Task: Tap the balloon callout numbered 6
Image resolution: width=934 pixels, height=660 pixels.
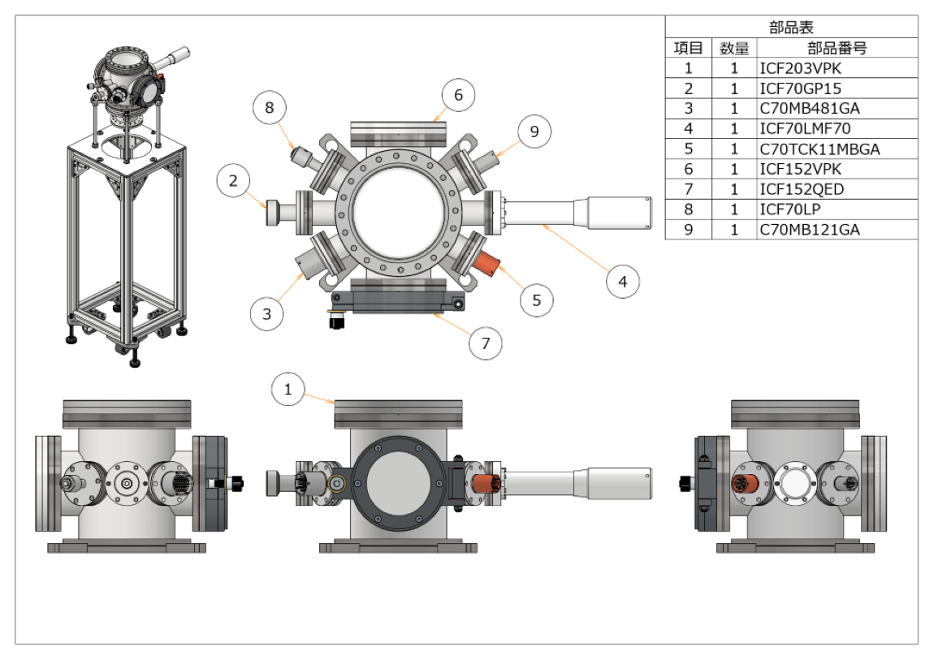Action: point(458,96)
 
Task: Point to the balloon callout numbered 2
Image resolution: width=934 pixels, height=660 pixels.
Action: point(234,181)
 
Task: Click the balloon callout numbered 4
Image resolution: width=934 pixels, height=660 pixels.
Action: point(622,282)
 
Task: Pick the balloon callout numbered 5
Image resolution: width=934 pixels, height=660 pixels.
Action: point(536,300)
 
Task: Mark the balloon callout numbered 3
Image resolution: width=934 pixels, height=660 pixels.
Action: point(267,313)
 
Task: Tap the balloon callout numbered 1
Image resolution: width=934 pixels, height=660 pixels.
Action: point(288,390)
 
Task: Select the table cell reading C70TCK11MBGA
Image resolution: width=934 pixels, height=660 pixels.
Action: point(819,149)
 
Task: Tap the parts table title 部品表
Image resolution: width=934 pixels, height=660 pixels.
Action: point(791,28)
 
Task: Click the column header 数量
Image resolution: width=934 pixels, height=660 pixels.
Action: point(734,48)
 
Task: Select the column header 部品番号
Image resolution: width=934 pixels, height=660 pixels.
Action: point(837,48)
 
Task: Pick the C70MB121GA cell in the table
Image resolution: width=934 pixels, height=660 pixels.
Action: point(810,231)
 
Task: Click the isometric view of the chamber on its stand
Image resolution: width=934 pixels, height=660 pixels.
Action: point(128,203)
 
